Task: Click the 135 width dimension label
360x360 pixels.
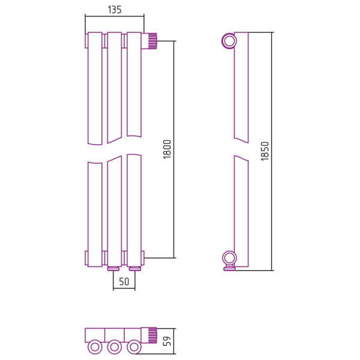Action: [x=115, y=10]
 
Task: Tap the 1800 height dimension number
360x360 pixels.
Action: [x=167, y=149]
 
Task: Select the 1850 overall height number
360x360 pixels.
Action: [x=265, y=151]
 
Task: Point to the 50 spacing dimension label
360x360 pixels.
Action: [x=124, y=281]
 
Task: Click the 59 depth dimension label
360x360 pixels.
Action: [x=167, y=341]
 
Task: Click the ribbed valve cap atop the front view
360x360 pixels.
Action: [x=152, y=41]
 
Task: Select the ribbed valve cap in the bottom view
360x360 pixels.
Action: [x=152, y=335]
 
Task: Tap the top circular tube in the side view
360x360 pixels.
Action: [x=229, y=41]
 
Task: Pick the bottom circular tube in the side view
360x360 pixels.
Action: [x=229, y=258]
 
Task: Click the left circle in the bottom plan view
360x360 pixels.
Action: [x=95, y=347]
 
